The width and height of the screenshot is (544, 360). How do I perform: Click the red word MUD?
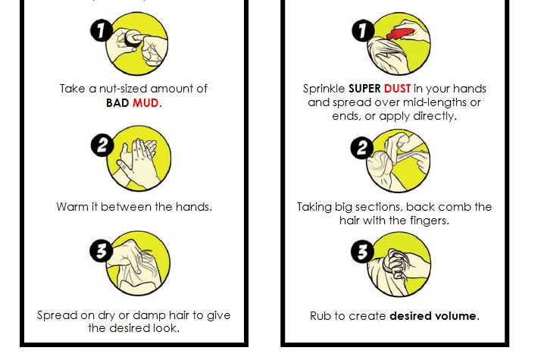point(147,103)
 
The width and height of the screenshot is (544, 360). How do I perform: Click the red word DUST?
point(398,88)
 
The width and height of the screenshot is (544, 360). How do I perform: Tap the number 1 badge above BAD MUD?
point(101,31)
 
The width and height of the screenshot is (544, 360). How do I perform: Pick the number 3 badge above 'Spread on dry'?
point(102,251)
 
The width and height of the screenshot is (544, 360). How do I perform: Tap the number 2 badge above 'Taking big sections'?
point(362,149)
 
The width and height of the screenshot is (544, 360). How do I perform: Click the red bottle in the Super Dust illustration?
point(402,33)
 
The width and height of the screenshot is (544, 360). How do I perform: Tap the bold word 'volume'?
point(455,315)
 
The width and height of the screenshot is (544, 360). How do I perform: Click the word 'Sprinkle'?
point(324,88)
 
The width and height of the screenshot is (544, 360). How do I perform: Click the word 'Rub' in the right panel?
point(320,315)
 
